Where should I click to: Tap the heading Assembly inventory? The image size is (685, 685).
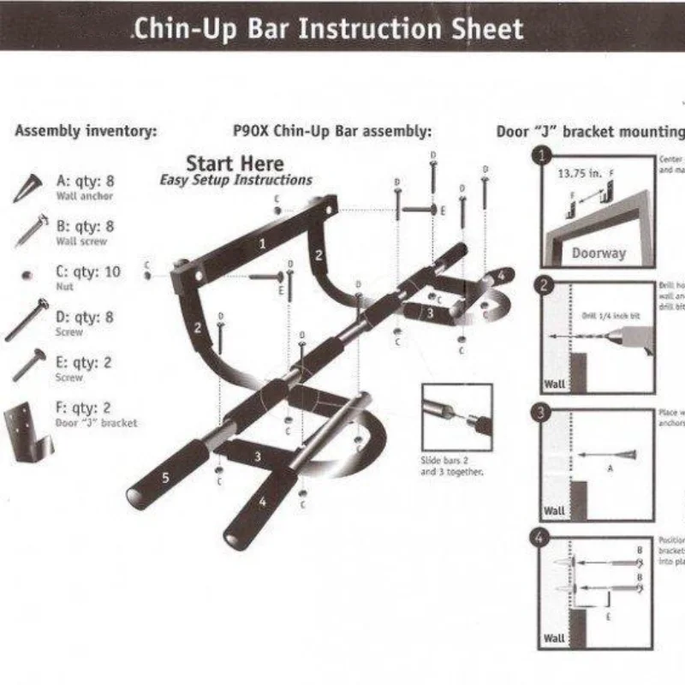pos(86,132)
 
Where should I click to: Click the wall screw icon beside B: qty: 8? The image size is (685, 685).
pos(29,231)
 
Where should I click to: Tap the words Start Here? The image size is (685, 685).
pos(235,163)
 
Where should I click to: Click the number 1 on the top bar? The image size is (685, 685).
pos(263,243)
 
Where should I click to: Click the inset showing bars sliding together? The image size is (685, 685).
pos(456,417)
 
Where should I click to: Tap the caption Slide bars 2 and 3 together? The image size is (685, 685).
pos(452,468)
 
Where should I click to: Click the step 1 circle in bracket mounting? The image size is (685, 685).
pos(541,156)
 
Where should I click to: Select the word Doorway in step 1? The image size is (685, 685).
pos(599,253)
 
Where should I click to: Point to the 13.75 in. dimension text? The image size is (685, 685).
pos(581,173)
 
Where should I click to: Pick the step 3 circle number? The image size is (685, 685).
pos(541,412)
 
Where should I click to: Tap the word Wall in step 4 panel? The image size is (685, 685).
pos(555,638)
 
